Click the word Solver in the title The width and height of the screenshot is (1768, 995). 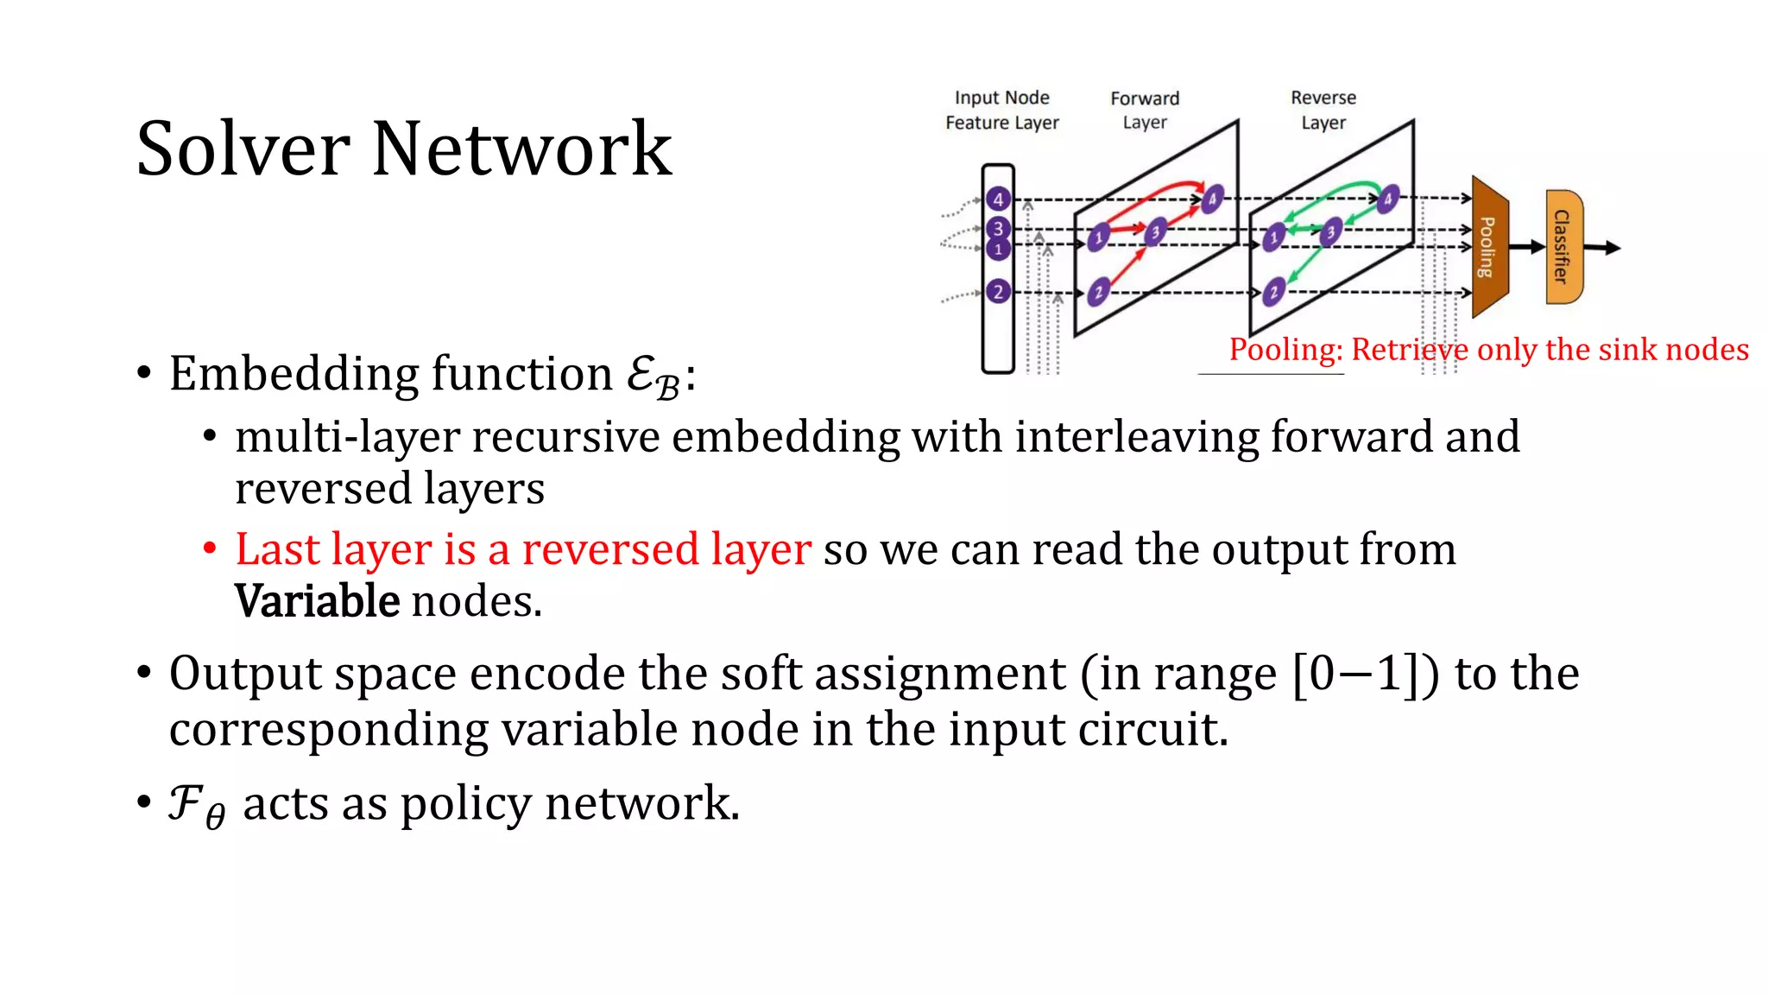243,149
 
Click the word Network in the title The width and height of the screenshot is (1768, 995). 521,149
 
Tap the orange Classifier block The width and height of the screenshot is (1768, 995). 1563,247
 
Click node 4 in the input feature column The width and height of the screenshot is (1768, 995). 998,200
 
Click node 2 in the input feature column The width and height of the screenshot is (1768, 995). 998,292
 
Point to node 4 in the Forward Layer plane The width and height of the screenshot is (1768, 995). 1212,199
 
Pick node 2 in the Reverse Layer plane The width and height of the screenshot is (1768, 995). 1273,293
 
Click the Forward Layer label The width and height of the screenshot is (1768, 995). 1145,111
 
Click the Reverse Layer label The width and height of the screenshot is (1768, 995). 1323,111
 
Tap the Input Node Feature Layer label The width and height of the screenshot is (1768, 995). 1001,111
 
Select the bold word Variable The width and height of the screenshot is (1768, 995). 317,601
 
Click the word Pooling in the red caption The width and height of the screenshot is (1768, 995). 1285,350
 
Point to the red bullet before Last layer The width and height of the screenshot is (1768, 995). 210,548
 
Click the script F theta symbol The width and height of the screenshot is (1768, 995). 196,805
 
